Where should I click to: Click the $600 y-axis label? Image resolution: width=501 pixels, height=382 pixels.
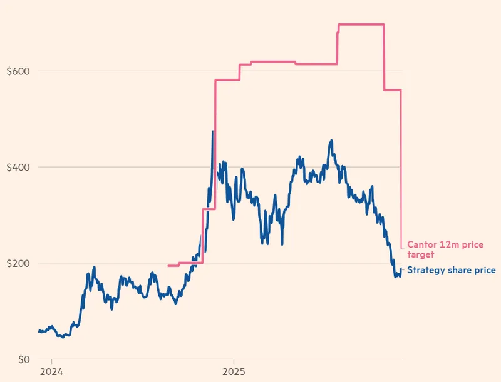18,71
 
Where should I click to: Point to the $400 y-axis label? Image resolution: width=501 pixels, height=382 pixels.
18,168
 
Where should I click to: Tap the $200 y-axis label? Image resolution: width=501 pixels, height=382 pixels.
18,263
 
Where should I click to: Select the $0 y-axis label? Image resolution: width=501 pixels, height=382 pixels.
24,359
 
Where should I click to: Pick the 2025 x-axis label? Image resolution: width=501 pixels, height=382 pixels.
234,371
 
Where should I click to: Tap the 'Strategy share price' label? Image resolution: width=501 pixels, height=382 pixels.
452,270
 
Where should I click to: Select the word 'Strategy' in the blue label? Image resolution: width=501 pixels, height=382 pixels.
426,270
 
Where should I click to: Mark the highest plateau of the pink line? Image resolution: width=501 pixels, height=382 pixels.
361,24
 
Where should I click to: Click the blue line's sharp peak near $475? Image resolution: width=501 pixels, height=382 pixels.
213,132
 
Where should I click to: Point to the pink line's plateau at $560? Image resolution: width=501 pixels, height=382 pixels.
392,90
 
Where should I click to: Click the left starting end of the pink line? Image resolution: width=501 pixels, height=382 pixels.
169,266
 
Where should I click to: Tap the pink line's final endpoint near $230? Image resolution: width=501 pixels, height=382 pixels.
401,248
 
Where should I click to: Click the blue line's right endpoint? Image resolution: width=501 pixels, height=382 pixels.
401,269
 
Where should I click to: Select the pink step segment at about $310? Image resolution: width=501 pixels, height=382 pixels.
209,209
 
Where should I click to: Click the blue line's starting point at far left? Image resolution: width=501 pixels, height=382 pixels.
38,330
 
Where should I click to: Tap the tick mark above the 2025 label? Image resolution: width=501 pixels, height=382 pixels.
234,362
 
